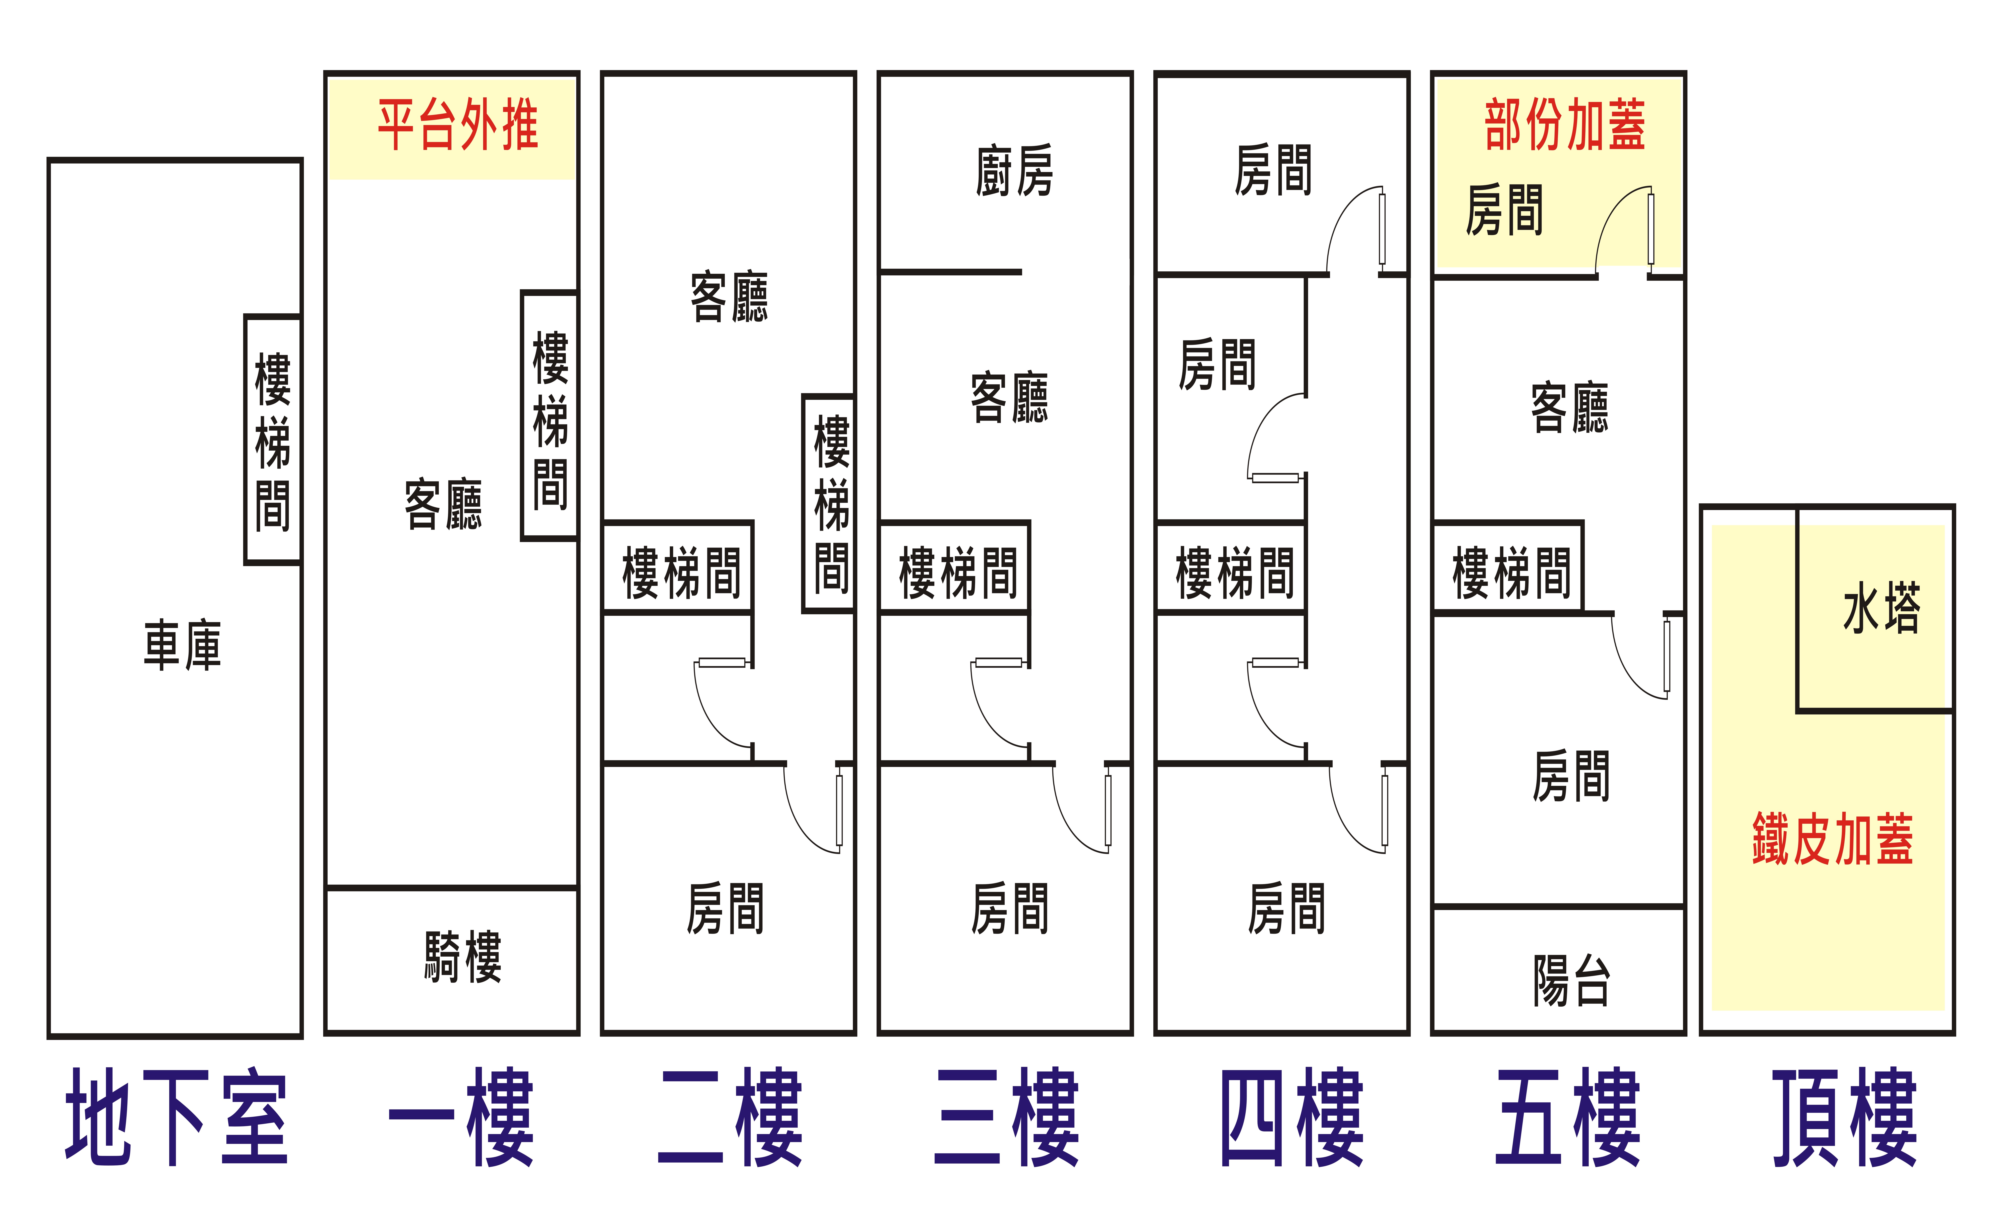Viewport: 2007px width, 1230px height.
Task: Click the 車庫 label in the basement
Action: [x=182, y=644]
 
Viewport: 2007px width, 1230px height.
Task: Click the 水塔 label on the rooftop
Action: [x=1882, y=608]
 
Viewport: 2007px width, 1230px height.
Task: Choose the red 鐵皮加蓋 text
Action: [x=1833, y=839]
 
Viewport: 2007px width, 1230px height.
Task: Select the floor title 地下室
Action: [x=177, y=1116]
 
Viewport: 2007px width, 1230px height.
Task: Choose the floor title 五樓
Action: [x=1568, y=1116]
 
